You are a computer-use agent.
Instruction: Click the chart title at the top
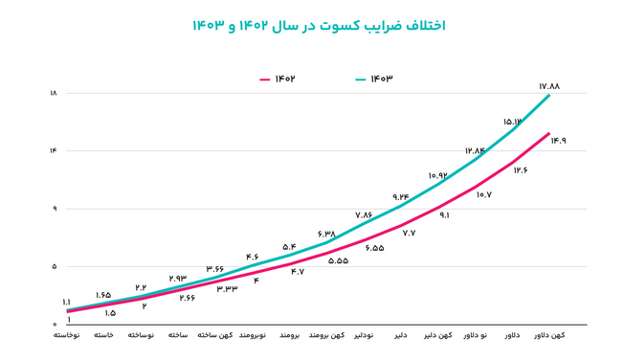point(311,25)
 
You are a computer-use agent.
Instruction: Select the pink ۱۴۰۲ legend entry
point(279,78)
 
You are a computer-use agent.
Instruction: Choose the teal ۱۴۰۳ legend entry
point(374,78)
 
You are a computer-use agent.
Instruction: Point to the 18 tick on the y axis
point(53,93)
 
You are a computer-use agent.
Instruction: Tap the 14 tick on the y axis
point(53,150)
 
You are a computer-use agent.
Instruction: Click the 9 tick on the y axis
point(54,209)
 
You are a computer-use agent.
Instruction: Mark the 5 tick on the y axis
point(54,266)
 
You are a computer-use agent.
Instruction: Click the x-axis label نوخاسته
point(66,336)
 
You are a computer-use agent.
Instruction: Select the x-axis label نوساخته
point(142,336)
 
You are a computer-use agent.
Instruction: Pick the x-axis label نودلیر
point(363,336)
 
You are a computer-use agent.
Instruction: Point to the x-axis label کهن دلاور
point(548,336)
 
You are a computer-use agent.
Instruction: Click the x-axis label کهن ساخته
point(215,336)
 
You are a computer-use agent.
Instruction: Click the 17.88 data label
point(548,85)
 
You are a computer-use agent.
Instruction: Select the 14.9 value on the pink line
point(558,141)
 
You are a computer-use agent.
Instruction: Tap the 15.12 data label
point(512,122)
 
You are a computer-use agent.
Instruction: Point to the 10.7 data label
point(483,195)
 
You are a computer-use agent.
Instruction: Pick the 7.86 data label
point(364,215)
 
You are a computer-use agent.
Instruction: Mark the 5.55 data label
point(338,260)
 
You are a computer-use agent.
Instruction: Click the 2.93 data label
point(179,278)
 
